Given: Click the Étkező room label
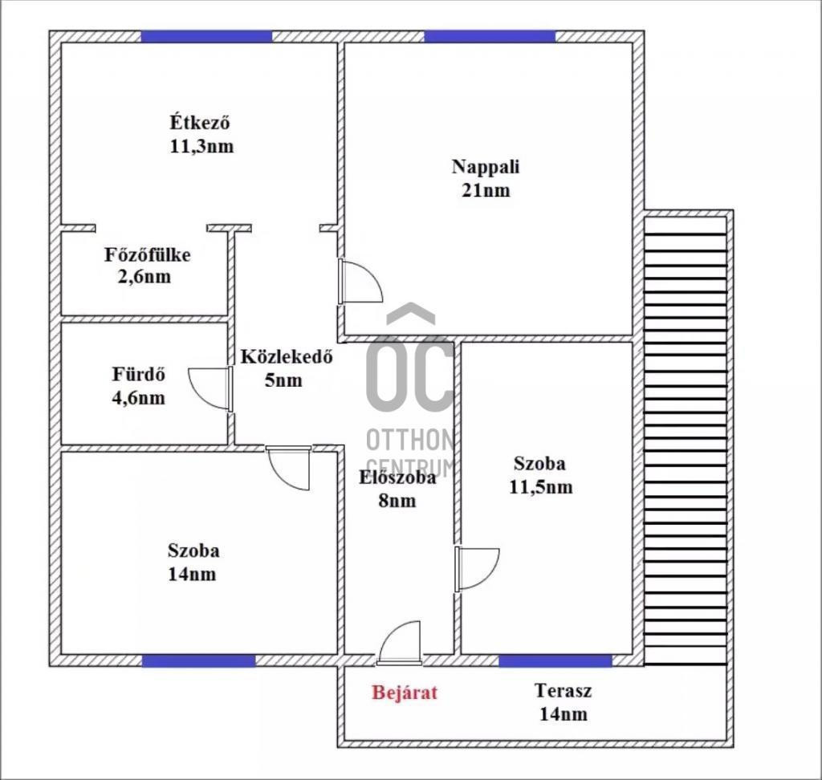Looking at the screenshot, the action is pos(200,122).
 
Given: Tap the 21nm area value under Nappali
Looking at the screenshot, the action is pos(486,189).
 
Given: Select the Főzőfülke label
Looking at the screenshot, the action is pos(148,254).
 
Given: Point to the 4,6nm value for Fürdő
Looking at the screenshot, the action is pos(138,398).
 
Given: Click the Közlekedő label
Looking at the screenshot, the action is pos(287,356).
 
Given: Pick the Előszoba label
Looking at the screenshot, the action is pos(397,477).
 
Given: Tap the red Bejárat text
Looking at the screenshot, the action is pos(405,693).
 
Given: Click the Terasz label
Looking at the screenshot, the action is pos(563,690).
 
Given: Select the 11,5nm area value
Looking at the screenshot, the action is pos(540,488).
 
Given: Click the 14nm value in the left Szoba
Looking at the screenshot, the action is pos(192,574).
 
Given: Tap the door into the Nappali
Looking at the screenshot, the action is pos(360,281).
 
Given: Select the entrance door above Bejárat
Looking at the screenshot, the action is pos(400,644).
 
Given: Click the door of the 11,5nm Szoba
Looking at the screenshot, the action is pos(477,569).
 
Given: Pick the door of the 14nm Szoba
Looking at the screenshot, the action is pos(289,468).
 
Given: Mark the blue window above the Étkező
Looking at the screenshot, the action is pos(206,37).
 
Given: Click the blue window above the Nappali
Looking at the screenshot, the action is pos(490,37).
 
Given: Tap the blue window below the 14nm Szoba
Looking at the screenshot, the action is pos(199,660).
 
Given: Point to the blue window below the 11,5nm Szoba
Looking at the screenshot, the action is pos(555,660).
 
